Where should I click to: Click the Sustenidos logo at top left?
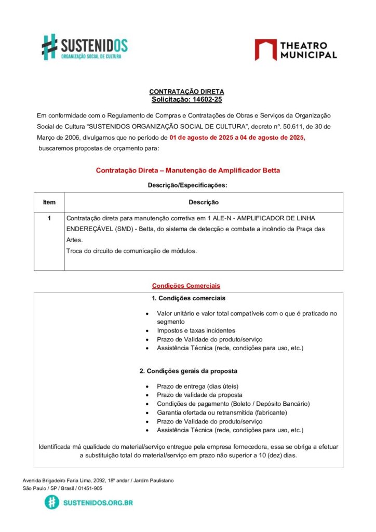point(84,47)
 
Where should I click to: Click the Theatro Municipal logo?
point(296,49)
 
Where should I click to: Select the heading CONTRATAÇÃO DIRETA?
point(186,91)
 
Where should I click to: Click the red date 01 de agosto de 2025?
point(201,138)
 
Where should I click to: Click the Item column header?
point(49,202)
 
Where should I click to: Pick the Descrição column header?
point(203,202)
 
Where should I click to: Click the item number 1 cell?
point(49,218)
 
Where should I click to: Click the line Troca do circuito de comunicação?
point(131,251)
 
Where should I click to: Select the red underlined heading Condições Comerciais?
point(186,286)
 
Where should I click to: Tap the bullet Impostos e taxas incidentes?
point(196,330)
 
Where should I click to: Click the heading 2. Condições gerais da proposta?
point(189,371)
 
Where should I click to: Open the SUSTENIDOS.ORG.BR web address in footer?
point(98,502)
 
